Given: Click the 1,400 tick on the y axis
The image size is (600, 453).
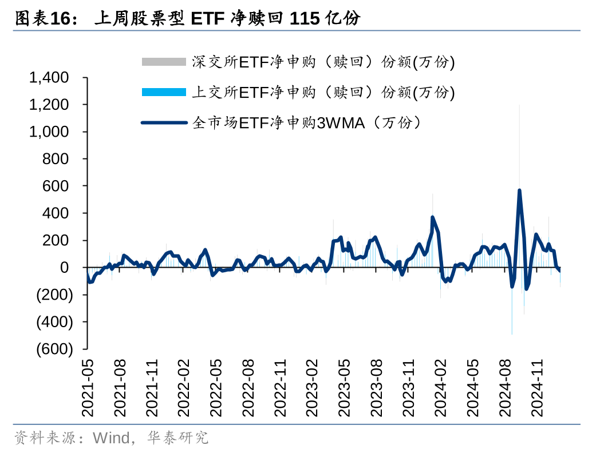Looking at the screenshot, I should pos(49,77).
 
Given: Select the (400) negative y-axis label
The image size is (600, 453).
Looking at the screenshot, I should pos(55,322).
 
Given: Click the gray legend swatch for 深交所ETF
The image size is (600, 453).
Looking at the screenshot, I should pos(164,62).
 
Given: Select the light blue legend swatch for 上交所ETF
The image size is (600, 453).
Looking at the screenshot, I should pos(164,92).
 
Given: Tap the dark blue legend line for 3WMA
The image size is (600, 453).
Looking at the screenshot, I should pos(164,122).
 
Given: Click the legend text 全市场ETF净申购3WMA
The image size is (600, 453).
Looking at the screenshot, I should pos(308,122).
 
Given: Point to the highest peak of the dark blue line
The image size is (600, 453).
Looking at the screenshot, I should pos(519,190).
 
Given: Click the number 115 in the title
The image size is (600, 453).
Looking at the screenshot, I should pos(305,19).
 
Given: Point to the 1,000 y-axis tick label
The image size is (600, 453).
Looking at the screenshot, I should pos(49,132).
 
